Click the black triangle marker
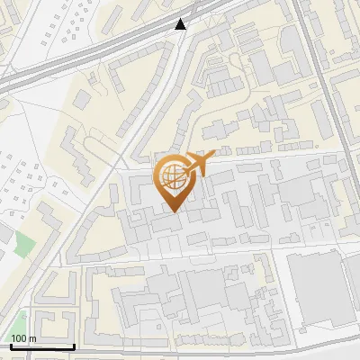(x=182, y=24)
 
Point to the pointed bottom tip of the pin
(x=174, y=212)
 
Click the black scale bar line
(x=41, y=346)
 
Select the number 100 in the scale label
(x=18, y=338)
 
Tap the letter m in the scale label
(x=31, y=338)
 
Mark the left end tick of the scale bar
(x=10, y=345)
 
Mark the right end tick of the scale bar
(x=74, y=345)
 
